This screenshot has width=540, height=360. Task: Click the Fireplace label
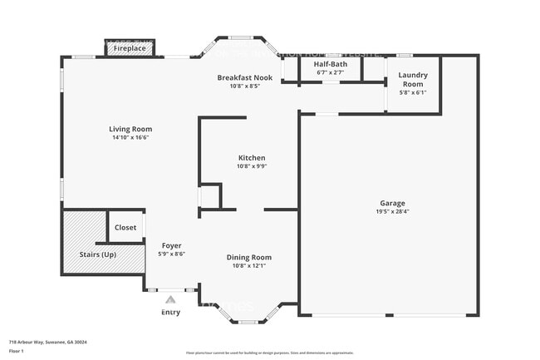tap(130, 49)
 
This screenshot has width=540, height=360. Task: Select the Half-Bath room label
tap(331, 64)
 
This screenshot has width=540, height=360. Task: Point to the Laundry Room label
tap(414, 79)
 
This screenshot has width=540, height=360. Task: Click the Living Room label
tap(130, 129)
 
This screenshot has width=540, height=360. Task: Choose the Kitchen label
tap(252, 157)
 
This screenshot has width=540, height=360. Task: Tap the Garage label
tap(393, 203)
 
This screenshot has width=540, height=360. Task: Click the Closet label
tap(125, 227)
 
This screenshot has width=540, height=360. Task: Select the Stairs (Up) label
tap(97, 254)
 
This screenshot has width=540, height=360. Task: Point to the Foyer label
tap(171, 245)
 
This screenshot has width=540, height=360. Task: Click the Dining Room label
tap(249, 257)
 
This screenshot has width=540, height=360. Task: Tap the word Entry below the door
tap(170, 313)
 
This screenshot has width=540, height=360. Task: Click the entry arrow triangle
tap(170, 298)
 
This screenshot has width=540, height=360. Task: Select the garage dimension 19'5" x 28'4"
tap(393, 212)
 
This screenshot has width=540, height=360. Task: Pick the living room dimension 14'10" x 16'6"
tap(130, 138)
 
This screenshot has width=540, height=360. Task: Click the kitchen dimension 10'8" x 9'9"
tap(252, 166)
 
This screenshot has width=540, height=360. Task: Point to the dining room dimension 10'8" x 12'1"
tap(249, 266)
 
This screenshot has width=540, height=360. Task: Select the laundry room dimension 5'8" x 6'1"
tap(413, 92)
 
